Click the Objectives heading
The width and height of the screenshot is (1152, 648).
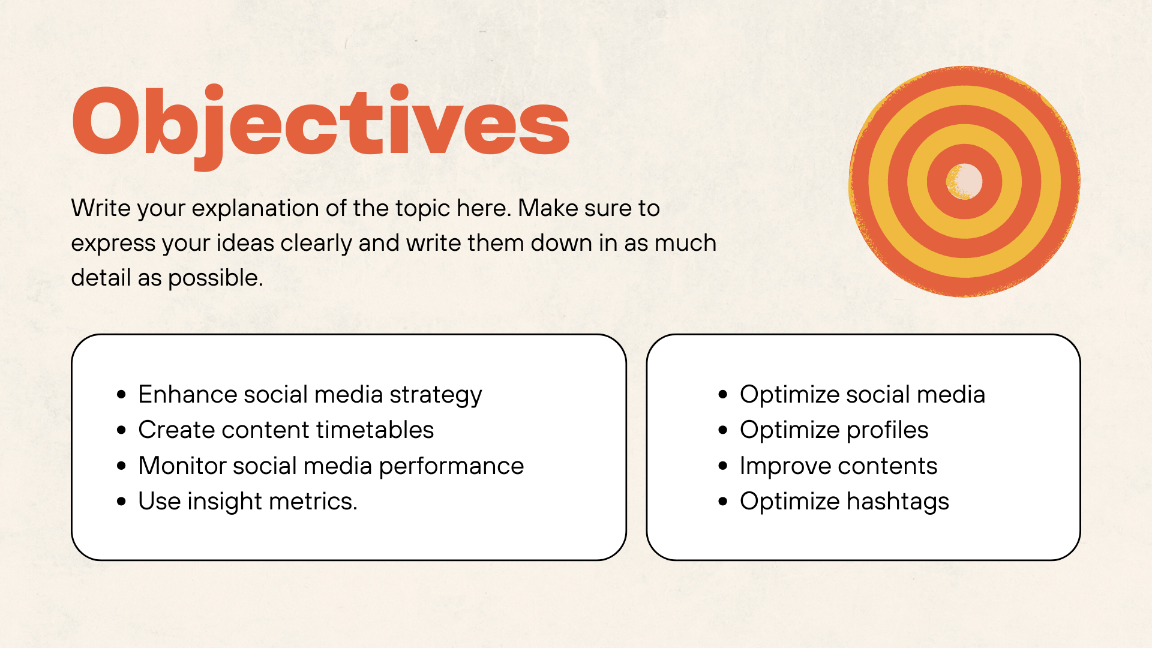coord(320,123)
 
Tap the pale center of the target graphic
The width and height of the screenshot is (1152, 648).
coord(965,181)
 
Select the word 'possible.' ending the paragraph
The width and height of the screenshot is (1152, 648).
coord(215,278)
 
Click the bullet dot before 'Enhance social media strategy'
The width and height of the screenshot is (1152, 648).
coord(122,395)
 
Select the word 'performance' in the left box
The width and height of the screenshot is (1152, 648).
coord(451,467)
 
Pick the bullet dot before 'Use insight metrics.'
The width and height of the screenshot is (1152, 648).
coord(122,502)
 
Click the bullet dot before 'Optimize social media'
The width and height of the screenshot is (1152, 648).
coord(723,395)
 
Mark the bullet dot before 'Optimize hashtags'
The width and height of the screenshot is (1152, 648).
coord(723,502)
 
